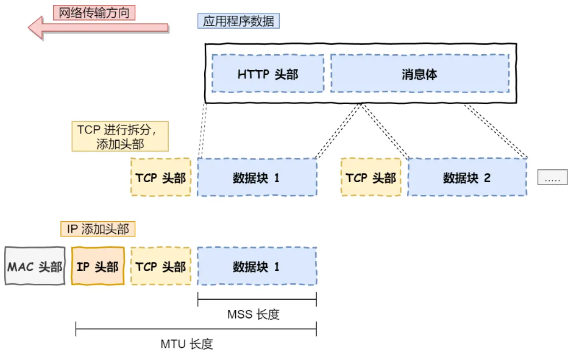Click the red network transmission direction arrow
pos(98,27)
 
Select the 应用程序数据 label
pos(238,21)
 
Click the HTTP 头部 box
pos(268,74)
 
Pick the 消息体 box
pos(419,74)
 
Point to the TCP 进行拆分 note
pos(120,136)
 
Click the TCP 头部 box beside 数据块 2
pos(371,177)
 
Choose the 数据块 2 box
pos(467,177)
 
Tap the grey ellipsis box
pos(552,177)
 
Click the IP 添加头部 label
pos(98,229)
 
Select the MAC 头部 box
pos(35,266)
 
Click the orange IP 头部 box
pos(98,266)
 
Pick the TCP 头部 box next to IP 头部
pos(161,266)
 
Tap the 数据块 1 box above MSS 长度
pos(257,266)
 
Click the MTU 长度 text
pos(186,344)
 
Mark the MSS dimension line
pos(257,299)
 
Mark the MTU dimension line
pos(196,330)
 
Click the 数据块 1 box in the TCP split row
pos(257,177)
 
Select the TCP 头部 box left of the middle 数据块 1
pos(161,177)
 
